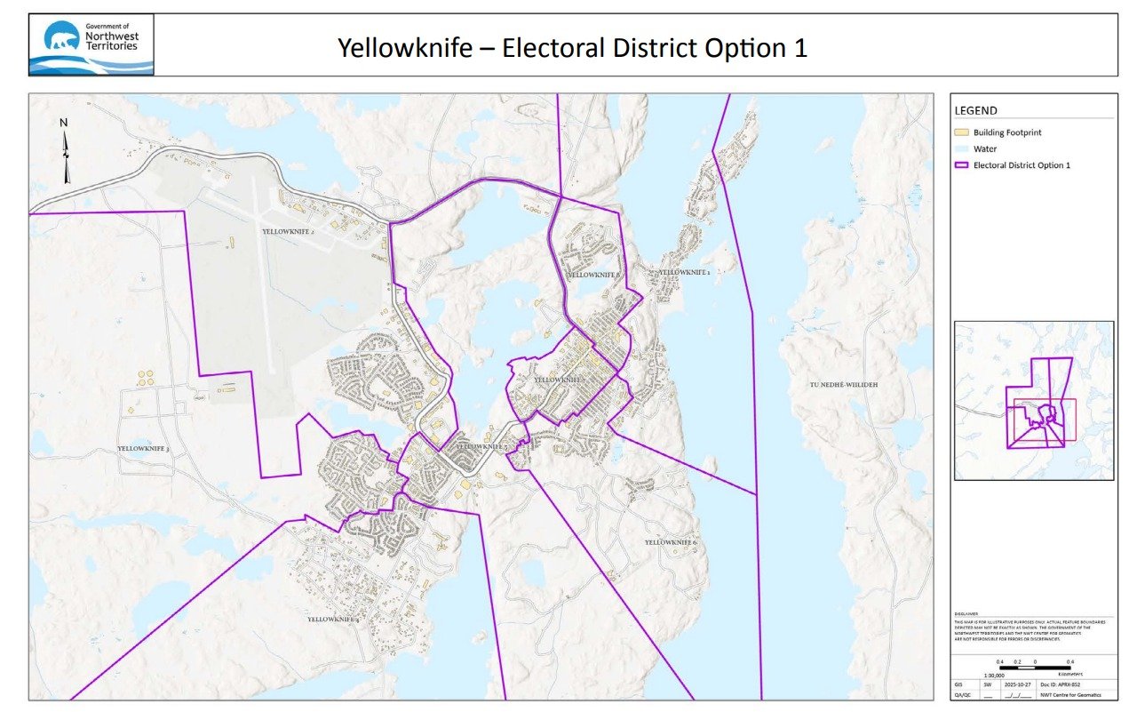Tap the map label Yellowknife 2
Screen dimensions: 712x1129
(x=289, y=230)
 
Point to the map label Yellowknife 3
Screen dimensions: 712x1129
(x=143, y=450)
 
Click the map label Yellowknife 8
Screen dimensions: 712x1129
(x=593, y=276)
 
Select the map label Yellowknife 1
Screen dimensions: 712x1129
(x=683, y=272)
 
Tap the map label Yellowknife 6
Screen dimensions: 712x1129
(x=671, y=542)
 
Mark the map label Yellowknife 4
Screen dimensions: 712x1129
(x=333, y=619)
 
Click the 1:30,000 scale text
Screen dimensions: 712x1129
(x=1006, y=676)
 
